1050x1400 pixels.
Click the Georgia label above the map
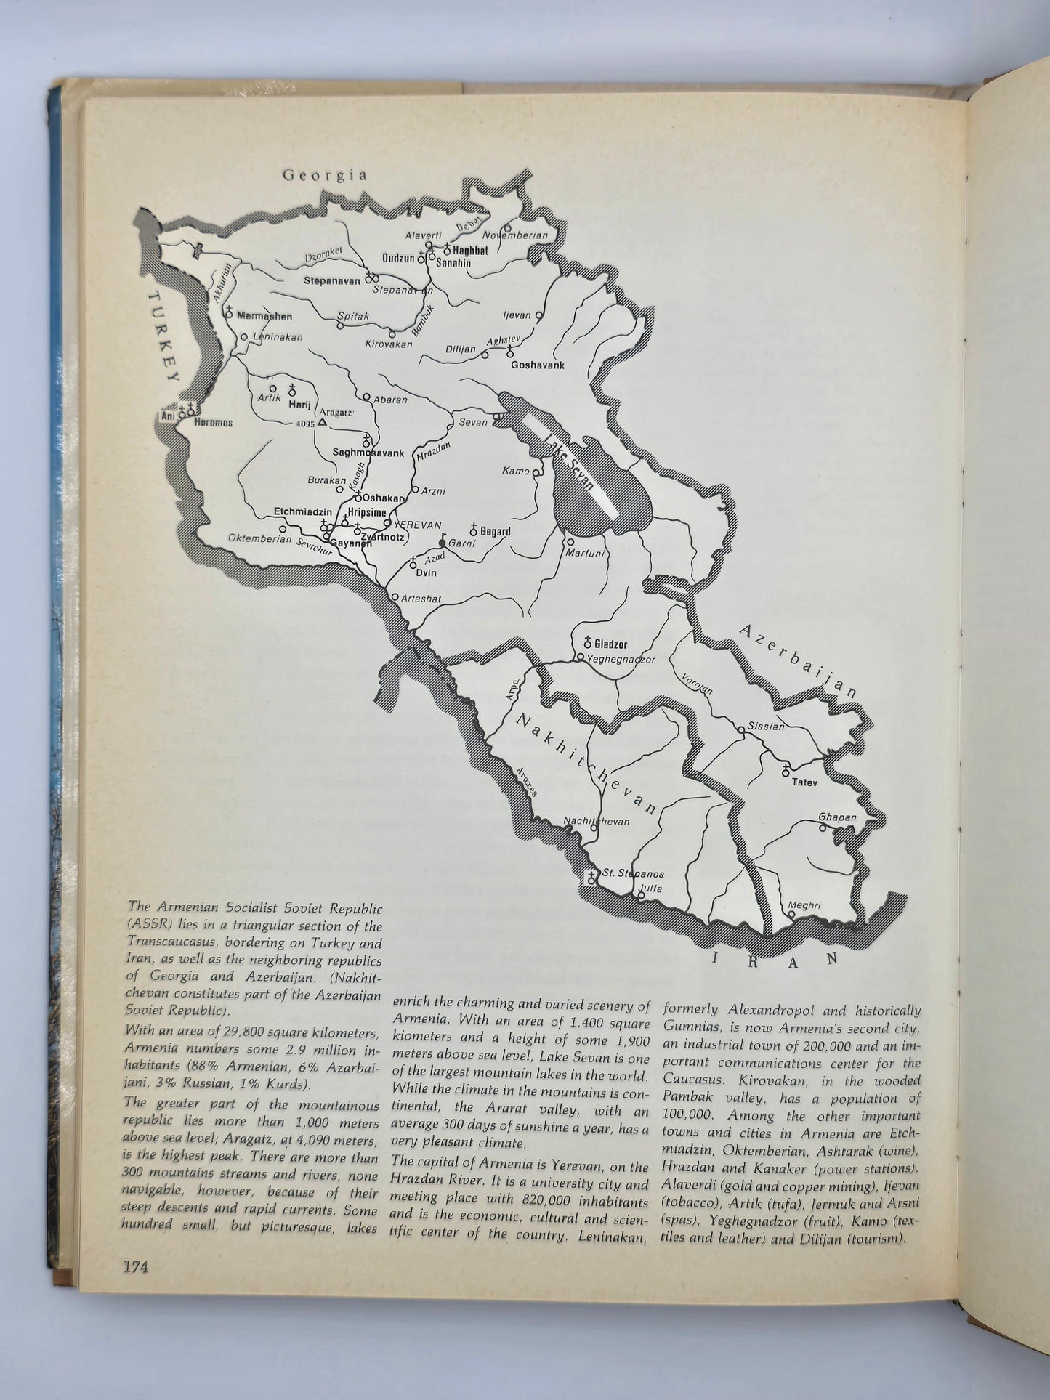point(325,175)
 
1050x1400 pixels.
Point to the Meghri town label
point(804,905)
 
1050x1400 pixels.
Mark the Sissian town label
point(767,726)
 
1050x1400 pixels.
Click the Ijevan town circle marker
point(538,316)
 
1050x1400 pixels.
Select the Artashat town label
point(421,599)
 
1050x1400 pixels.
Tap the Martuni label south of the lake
point(585,554)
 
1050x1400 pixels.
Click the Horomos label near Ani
point(214,422)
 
